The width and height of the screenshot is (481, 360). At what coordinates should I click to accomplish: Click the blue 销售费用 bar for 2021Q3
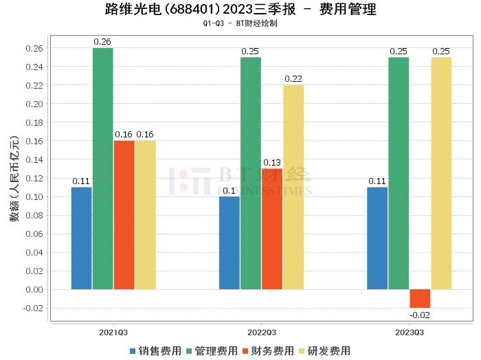81,238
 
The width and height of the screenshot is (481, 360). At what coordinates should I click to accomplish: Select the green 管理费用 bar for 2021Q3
103,168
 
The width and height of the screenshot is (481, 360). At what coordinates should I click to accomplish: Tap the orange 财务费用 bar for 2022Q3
272,229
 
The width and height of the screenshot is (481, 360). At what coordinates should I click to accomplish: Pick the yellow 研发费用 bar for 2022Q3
293,187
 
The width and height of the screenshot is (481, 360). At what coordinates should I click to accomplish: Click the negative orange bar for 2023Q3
420,298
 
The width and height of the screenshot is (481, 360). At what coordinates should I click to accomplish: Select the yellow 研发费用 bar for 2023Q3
441,173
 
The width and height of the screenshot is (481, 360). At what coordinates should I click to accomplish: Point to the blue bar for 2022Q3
229,243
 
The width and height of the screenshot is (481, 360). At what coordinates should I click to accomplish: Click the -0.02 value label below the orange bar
420,315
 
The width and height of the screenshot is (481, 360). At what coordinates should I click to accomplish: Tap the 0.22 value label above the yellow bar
293,79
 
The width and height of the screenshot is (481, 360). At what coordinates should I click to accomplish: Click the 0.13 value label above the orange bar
272,162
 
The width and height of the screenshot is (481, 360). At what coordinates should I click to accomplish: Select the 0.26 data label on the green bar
103,42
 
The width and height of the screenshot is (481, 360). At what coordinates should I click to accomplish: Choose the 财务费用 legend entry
268,350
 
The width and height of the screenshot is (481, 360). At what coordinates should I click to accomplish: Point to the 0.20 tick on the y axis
34,104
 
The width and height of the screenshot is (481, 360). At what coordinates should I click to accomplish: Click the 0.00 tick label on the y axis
34,289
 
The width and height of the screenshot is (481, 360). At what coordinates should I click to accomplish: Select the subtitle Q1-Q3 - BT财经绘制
240,23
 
